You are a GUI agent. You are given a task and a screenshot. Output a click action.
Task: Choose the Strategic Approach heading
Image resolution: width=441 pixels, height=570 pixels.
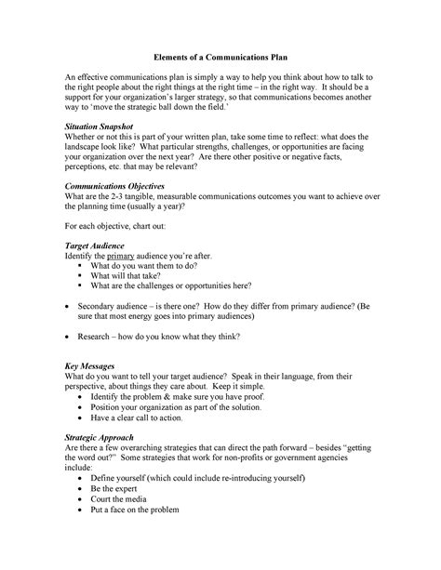click(100, 436)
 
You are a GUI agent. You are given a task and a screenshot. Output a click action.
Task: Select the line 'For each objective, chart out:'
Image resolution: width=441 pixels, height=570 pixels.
click(124, 226)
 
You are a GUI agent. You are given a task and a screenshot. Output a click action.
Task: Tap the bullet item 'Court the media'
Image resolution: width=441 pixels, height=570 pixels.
click(124, 497)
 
